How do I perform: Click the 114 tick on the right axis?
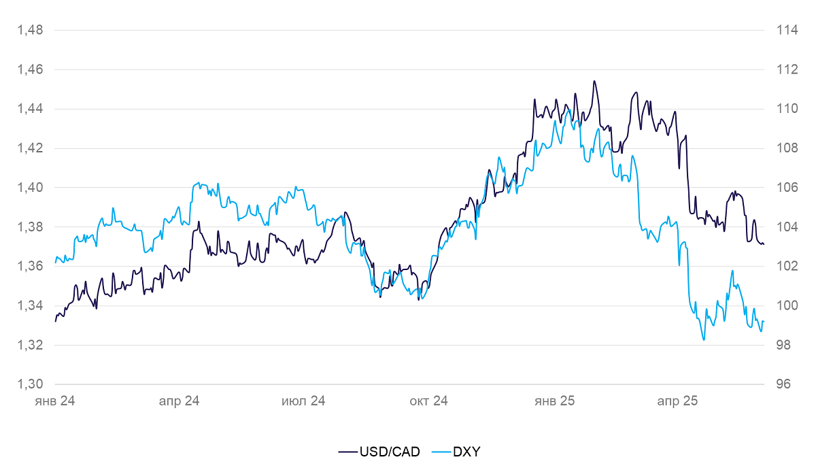(777, 30)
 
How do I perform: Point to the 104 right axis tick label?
(777, 227)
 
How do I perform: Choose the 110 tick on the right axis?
(777, 109)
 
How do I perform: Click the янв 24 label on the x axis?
(54, 401)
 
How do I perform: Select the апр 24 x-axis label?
(179, 401)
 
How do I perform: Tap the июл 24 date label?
(303, 401)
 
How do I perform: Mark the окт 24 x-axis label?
(428, 401)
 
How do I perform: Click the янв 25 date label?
(555, 401)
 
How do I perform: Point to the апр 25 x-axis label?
(677, 401)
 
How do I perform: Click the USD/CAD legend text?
(390, 451)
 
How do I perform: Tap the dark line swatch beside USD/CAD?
(347, 451)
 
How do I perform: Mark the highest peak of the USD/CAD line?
(594, 81)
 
